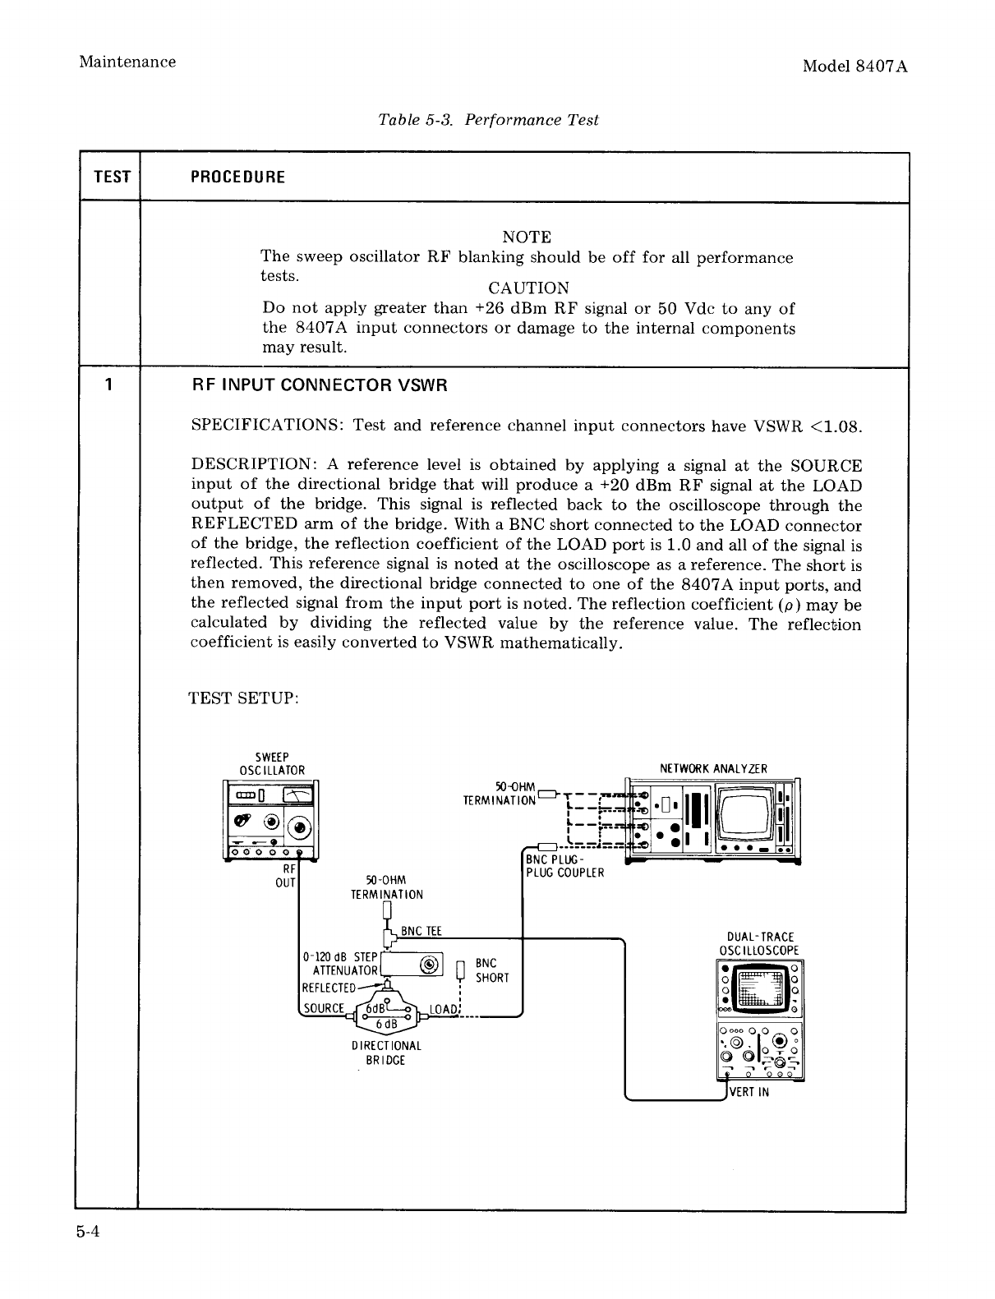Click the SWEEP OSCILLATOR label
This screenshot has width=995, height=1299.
271,763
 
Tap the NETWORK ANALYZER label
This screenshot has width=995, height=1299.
713,769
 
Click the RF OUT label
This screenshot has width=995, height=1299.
288,875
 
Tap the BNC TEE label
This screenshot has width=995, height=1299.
421,931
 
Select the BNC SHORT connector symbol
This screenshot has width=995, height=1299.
460,971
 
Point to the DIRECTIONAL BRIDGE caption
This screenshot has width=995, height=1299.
385,1053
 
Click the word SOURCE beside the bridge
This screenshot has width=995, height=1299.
323,1009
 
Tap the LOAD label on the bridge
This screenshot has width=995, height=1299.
443,1008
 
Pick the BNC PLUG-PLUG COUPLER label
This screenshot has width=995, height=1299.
564,866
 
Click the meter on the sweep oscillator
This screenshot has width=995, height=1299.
297,795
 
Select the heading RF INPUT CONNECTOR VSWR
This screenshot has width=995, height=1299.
319,385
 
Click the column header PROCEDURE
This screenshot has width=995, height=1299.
237,177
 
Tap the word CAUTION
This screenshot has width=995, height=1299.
528,288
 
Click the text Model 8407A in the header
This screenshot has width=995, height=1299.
855,67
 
